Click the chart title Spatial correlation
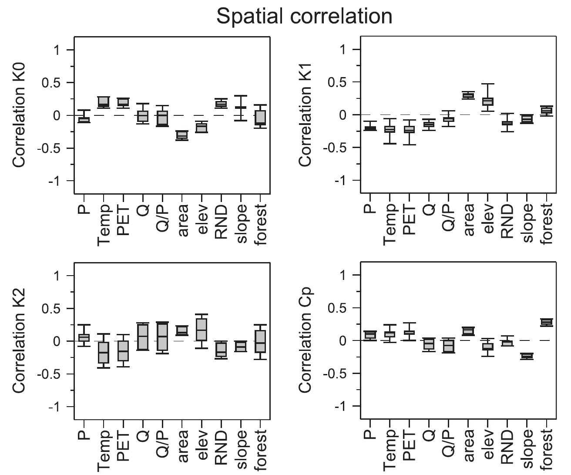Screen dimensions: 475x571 click(x=304, y=17)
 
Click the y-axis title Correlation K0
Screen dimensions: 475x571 click(x=18, y=115)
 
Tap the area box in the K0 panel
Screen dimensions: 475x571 click(x=182, y=135)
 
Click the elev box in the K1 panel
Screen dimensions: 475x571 click(x=488, y=101)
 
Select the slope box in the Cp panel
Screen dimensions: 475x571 click(x=527, y=356)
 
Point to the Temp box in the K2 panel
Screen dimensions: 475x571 click(x=104, y=352)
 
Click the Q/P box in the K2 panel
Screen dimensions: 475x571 click(x=162, y=336)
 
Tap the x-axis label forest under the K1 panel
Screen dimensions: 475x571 click(x=547, y=224)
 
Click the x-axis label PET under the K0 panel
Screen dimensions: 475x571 click(x=123, y=221)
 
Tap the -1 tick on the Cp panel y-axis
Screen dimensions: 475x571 click(x=343, y=406)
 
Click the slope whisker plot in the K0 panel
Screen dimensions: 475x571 click(x=240, y=108)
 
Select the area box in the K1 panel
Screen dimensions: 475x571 click(x=468, y=96)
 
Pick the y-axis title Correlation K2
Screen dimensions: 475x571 click(x=18, y=341)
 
